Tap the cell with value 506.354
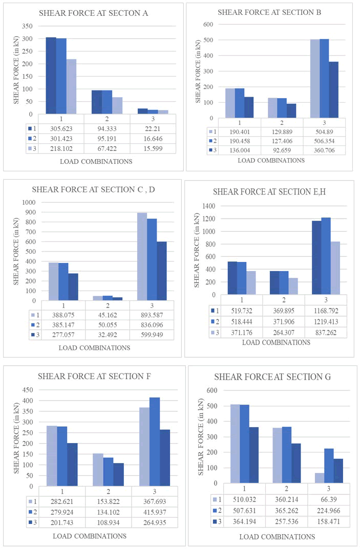point(324,140)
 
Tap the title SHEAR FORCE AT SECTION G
point(272,377)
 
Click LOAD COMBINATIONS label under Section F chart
point(90,536)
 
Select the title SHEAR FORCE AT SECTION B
point(269,12)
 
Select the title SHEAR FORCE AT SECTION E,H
point(270,192)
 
